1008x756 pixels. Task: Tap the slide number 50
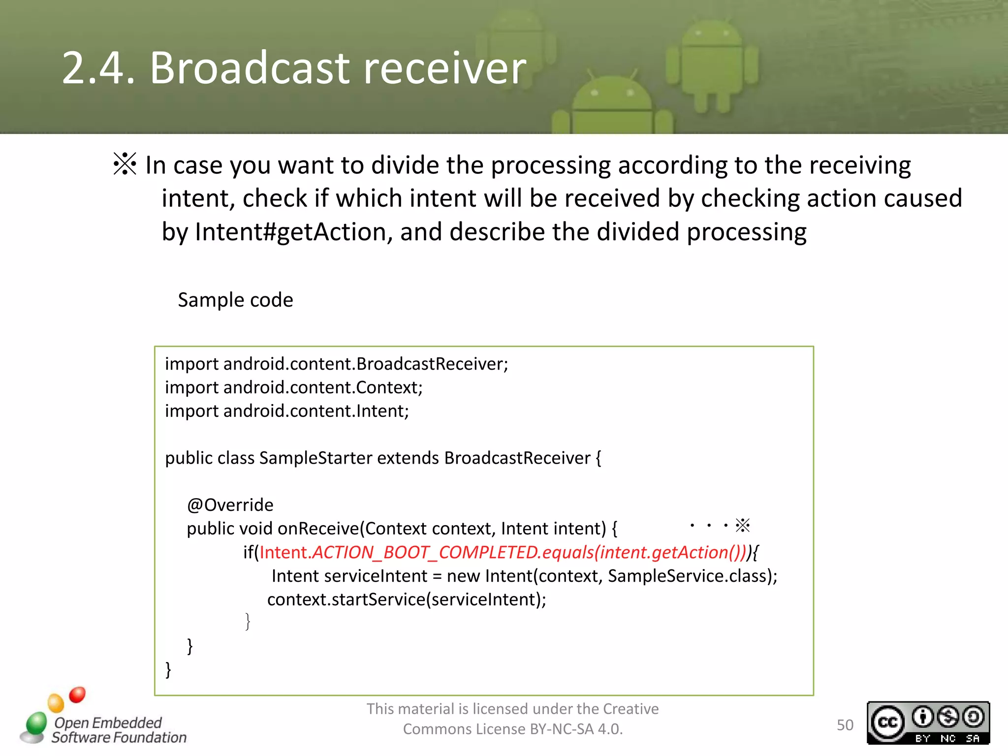click(845, 725)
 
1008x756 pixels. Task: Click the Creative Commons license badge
click(928, 723)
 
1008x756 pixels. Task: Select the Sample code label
click(235, 300)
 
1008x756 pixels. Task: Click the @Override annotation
click(230, 505)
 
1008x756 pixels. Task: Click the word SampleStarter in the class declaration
click(315, 458)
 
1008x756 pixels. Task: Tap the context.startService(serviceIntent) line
click(407, 599)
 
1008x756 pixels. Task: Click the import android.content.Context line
click(294, 388)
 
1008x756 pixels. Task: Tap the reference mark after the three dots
click(742, 525)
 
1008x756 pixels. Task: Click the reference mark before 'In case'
click(125, 164)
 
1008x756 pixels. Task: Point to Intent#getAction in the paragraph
click(290, 232)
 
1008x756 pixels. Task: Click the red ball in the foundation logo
click(77, 694)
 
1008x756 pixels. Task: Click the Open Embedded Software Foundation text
click(118, 730)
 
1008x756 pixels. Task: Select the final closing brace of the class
click(168, 669)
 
